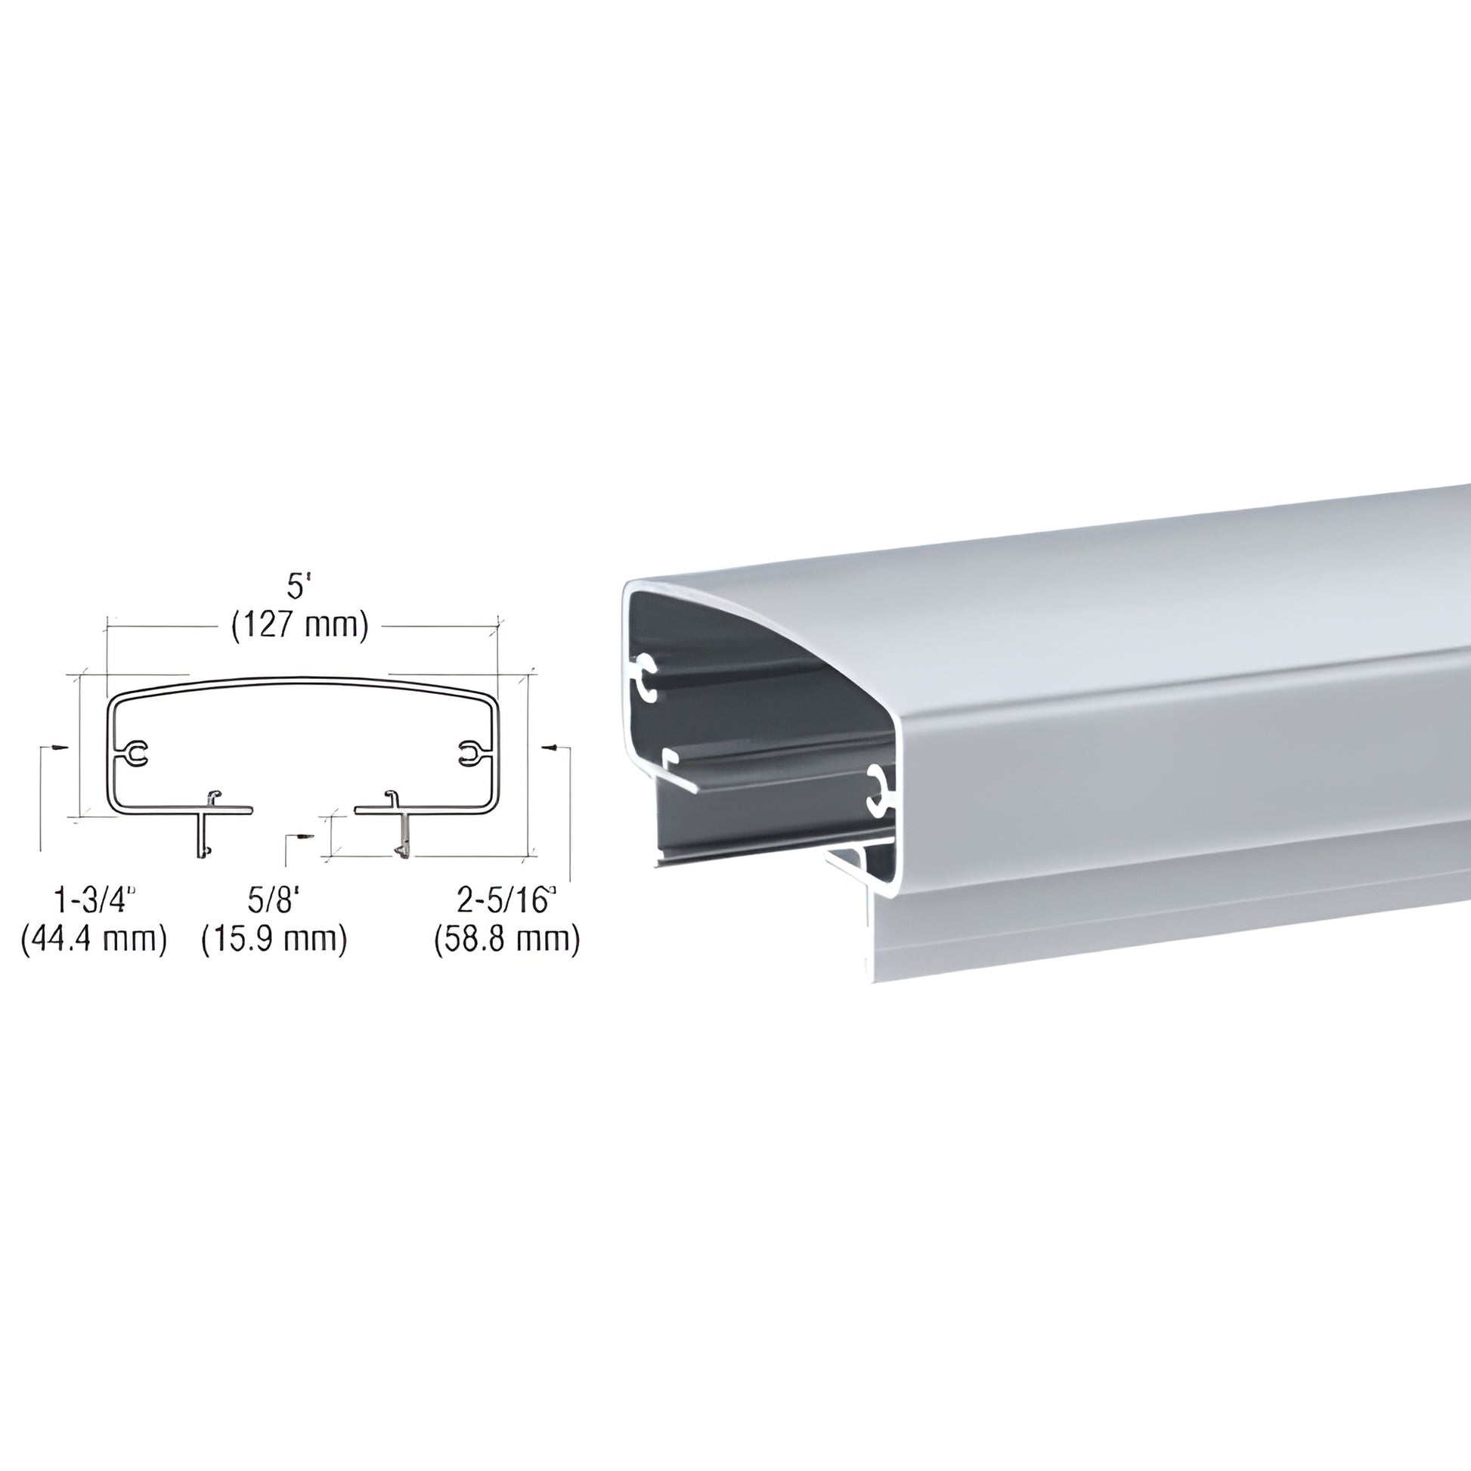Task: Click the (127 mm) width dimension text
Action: (x=300, y=625)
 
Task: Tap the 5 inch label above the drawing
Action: (x=299, y=587)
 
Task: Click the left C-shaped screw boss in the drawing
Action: (x=137, y=753)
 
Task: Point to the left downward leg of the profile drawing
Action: (x=203, y=833)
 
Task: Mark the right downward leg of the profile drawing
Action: (x=403, y=833)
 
